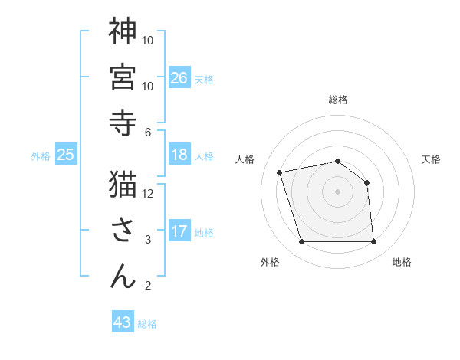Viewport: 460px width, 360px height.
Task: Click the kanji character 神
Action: pos(123,32)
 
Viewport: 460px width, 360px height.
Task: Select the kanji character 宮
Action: pos(123,77)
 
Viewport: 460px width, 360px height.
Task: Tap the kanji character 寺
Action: pos(123,123)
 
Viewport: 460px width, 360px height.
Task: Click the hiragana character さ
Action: pos(123,231)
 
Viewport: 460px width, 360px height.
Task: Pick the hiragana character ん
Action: pos(123,277)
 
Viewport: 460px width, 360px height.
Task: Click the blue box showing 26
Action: pos(179,77)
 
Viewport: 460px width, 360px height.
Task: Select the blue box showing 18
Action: pos(179,155)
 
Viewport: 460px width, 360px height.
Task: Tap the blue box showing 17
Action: pos(179,231)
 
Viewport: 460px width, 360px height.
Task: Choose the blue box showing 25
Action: pos(66,155)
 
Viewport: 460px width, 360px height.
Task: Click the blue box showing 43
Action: pos(123,322)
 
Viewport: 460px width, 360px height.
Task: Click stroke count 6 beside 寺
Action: pos(148,133)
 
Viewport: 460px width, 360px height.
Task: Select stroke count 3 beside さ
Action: pos(148,240)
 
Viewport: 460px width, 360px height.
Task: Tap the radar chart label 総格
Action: pos(338,100)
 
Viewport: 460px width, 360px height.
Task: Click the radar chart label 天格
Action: pos(432,159)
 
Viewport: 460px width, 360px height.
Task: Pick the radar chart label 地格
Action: pos(402,262)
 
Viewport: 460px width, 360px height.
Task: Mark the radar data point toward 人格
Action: pos(280,172)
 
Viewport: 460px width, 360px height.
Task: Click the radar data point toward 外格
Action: pos(301,242)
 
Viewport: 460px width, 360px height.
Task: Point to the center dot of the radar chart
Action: pos(338,191)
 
